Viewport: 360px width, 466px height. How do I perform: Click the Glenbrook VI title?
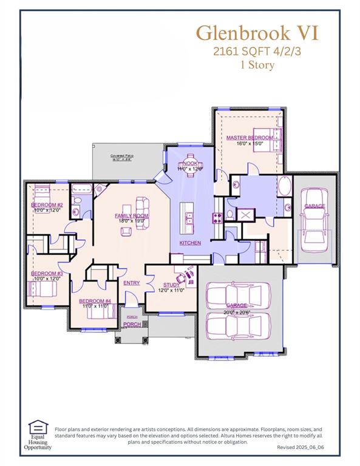pos(257,32)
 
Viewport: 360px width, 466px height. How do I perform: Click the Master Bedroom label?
pos(250,138)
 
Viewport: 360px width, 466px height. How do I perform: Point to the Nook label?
pos(190,163)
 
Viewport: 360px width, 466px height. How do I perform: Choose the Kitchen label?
pos(190,243)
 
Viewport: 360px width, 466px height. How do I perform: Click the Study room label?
pos(172,285)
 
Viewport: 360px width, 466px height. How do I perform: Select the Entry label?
pos(132,283)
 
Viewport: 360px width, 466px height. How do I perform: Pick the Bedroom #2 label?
pos(47,205)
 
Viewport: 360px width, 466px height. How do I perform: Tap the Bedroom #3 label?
pos(47,274)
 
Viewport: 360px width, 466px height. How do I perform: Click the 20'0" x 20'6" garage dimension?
pos(237,311)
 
